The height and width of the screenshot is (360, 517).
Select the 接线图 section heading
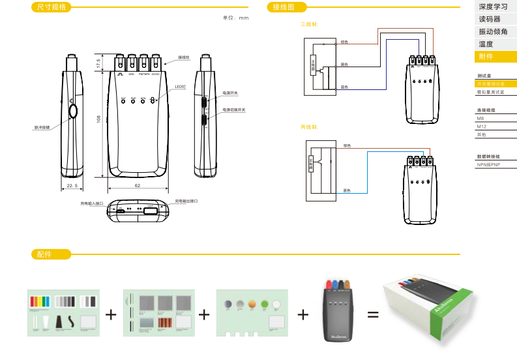[x=284, y=7]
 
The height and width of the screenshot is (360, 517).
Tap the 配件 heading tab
[x=44, y=254]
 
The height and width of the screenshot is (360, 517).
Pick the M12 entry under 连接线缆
[x=482, y=127]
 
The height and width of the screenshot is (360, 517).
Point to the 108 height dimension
[x=98, y=119]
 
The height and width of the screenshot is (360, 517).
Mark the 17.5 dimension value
[x=98, y=64]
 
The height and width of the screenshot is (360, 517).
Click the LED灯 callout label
[x=180, y=87]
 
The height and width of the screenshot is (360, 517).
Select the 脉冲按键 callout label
[x=42, y=127]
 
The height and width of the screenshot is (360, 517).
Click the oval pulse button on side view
[x=72, y=112]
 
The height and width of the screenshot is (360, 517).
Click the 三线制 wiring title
[x=308, y=24]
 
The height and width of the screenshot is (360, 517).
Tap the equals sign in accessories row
[x=373, y=315]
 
